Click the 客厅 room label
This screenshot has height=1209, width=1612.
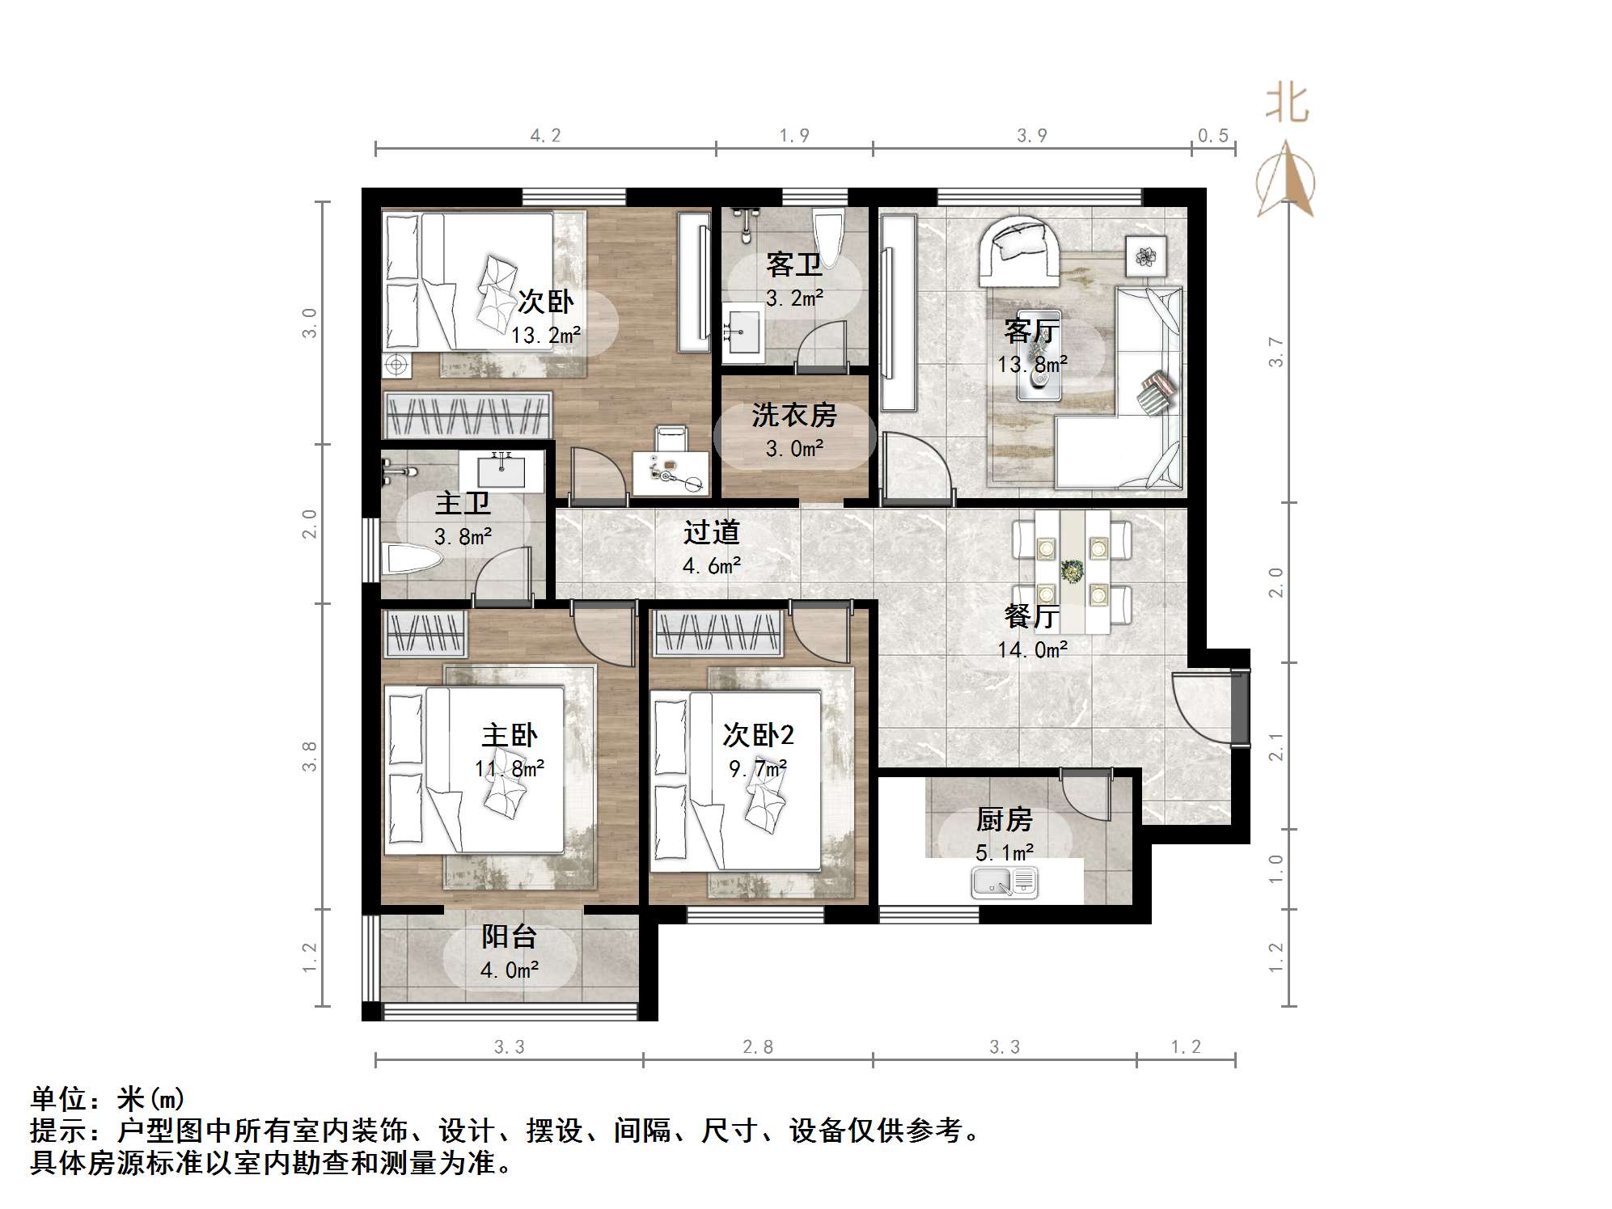coord(1031,331)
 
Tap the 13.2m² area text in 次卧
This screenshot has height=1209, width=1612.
coord(546,335)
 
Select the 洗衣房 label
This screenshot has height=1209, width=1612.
coord(793,415)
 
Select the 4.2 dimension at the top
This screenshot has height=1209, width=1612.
coord(545,136)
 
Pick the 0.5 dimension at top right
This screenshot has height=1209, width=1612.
coord(1212,136)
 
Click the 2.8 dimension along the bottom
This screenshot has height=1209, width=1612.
coord(758,1047)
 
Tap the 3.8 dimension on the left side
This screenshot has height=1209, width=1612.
coord(310,756)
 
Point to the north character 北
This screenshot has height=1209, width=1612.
coord(1286,104)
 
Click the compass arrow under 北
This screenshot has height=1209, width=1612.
coord(1286,180)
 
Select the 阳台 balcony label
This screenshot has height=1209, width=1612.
coord(509,936)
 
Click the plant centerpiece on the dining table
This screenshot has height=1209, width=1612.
coord(1073,571)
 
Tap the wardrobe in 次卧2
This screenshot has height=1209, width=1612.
coord(718,633)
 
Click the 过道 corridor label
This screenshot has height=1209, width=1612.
coord(711,532)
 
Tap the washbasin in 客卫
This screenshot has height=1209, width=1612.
coord(742,332)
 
